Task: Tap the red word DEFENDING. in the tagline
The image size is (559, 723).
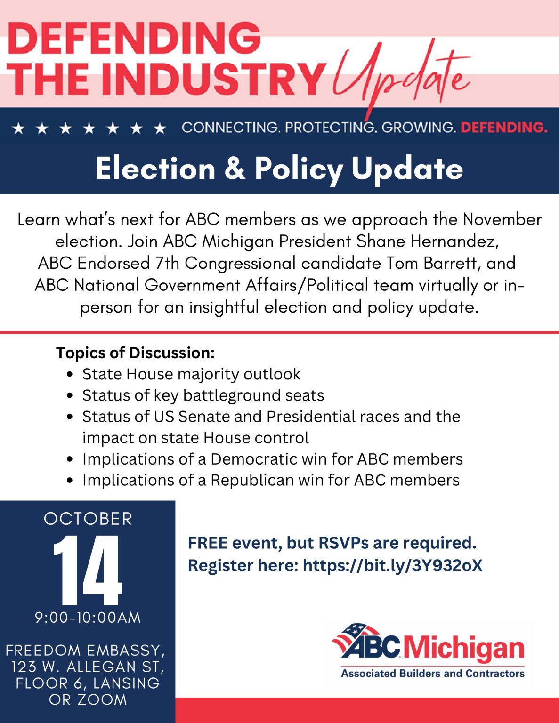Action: tap(503, 128)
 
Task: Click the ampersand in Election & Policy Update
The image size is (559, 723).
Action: tap(235, 168)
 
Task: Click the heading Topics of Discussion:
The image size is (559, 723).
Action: tap(135, 353)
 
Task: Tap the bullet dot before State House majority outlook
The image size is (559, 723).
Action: tap(70, 375)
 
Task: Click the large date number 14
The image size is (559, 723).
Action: tap(88, 570)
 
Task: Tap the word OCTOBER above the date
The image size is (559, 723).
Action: tap(88, 519)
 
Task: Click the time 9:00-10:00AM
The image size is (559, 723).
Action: tap(88, 618)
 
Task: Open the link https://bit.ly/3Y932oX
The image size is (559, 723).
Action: tap(392, 565)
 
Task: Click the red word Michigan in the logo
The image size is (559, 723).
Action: tap(463, 648)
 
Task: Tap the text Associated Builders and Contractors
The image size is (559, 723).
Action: tap(432, 674)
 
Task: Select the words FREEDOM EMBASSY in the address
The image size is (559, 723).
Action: tap(84, 650)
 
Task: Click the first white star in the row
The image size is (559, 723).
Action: tap(18, 128)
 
